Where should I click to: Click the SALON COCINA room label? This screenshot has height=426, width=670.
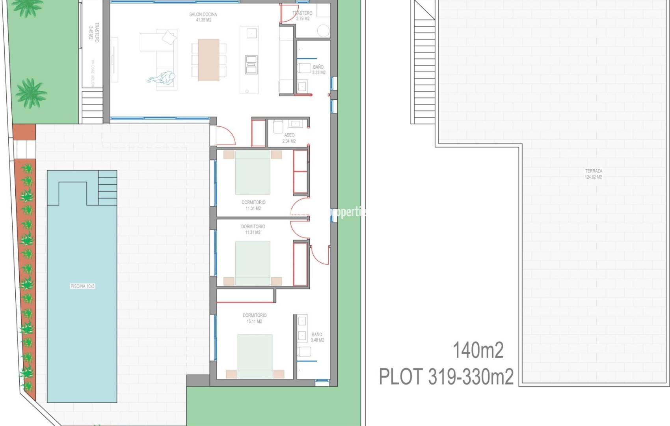pyautogui.click(x=203, y=17)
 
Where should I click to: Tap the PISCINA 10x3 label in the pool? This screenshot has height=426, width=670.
pyautogui.click(x=82, y=286)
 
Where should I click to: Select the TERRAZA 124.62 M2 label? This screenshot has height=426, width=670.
pyautogui.click(x=593, y=174)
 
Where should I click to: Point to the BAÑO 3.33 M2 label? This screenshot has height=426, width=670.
pyautogui.click(x=318, y=70)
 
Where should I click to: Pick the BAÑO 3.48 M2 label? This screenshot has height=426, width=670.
pyautogui.click(x=317, y=337)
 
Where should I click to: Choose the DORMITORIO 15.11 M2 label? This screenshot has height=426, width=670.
pyautogui.click(x=254, y=318)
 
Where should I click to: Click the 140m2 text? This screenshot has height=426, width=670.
pyautogui.click(x=478, y=350)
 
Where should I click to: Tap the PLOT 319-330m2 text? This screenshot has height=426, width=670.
pyautogui.click(x=446, y=377)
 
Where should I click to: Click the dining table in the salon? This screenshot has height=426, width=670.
pyautogui.click(x=208, y=60)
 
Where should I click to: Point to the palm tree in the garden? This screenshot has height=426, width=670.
pyautogui.click(x=31, y=93)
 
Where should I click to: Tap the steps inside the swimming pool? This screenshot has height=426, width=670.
pyautogui.click(x=107, y=187)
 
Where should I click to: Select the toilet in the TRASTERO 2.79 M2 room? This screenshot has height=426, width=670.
pyautogui.click(x=324, y=31)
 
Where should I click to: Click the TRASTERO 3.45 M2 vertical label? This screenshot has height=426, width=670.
pyautogui.click(x=93, y=32)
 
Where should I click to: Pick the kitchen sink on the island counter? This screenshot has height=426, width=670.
pyautogui.click(x=251, y=65)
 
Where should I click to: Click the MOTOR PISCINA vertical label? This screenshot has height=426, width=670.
pyautogui.click(x=93, y=73)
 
